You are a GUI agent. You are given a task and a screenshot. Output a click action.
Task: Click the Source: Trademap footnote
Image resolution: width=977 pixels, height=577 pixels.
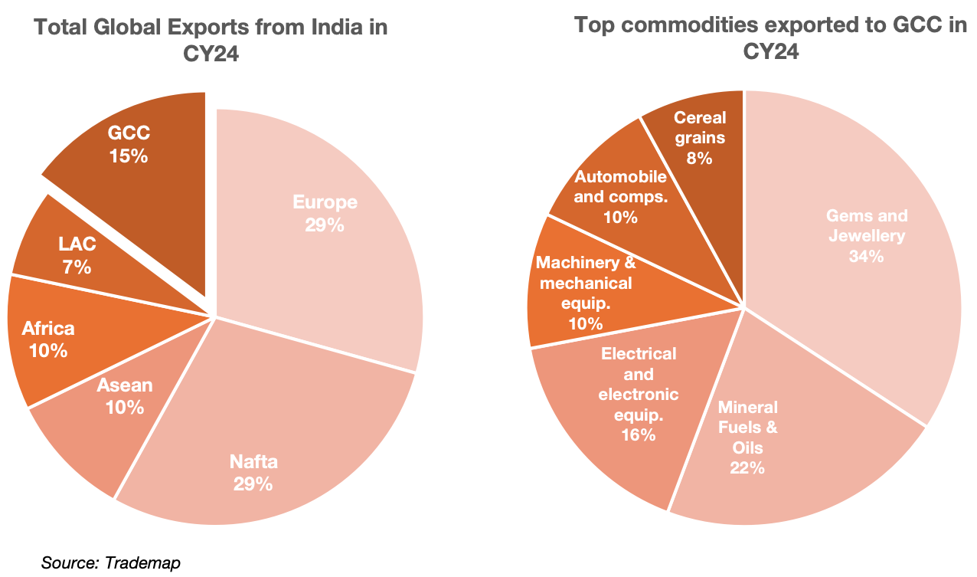pyautogui.click(x=110, y=563)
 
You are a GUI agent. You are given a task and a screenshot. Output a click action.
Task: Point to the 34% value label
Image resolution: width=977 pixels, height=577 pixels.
pyautogui.click(x=866, y=257)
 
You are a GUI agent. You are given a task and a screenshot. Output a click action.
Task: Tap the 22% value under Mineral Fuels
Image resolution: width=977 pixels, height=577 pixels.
pyautogui.click(x=747, y=467)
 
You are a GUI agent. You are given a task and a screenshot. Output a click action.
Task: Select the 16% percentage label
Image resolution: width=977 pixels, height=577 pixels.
pyautogui.click(x=639, y=434)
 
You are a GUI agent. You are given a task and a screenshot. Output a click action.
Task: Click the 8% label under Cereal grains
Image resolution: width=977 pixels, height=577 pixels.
pyautogui.click(x=699, y=159)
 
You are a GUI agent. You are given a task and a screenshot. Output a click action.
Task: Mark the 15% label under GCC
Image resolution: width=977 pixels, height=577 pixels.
pyautogui.click(x=128, y=156)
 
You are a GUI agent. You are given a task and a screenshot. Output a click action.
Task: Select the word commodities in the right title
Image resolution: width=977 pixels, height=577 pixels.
pyautogui.click(x=681, y=25)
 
